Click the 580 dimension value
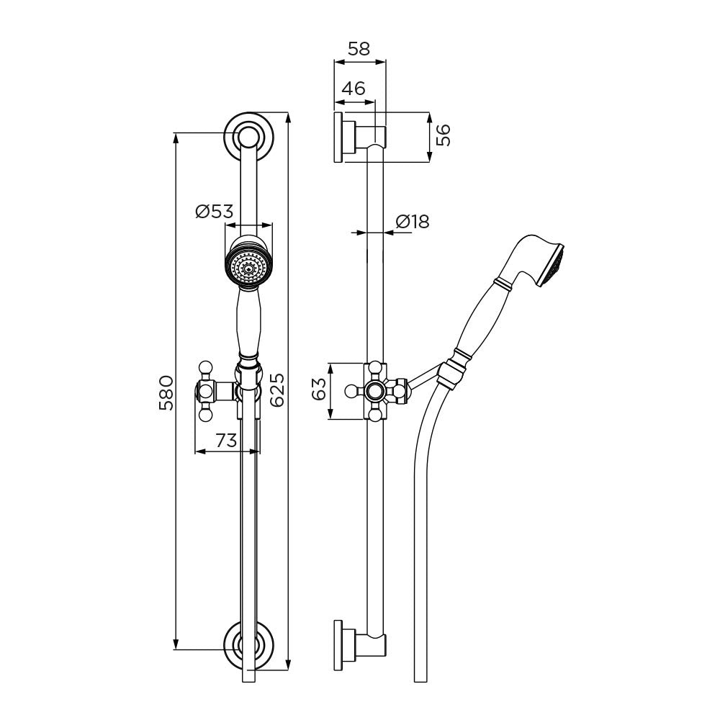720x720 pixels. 166,392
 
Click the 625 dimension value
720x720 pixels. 277,390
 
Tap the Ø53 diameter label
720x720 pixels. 215,211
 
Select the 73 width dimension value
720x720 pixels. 226,441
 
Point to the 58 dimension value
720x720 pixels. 359,49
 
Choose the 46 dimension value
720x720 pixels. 354,88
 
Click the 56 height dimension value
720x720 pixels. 444,135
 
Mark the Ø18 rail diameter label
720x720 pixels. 413,222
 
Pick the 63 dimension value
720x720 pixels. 319,389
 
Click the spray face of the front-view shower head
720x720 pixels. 248,268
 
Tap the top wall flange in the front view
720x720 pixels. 248,136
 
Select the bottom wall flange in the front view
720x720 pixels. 248,645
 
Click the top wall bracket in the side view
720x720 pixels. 359,137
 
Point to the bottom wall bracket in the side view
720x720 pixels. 359,646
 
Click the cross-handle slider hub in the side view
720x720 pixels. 376,391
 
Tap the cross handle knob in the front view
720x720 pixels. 205,391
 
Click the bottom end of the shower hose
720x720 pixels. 421,681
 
